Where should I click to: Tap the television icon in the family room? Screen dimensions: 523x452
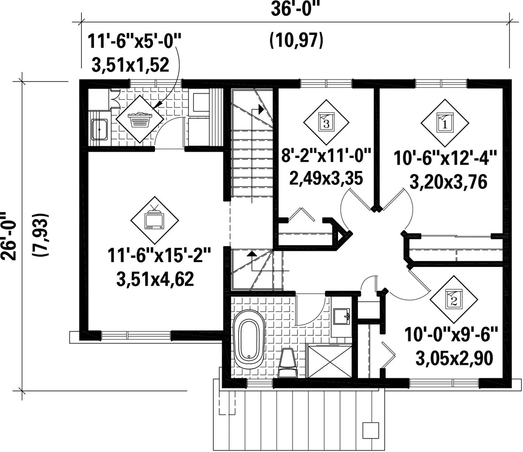[x=154, y=219]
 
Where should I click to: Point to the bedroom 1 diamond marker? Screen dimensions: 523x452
[x=444, y=123]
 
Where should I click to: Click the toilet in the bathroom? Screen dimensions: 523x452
[x=287, y=362]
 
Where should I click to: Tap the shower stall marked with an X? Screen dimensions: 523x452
[x=329, y=361]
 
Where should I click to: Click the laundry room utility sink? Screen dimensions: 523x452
[x=99, y=129]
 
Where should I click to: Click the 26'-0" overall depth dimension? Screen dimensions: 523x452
[x=9, y=235]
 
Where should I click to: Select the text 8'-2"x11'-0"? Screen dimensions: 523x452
[x=326, y=156]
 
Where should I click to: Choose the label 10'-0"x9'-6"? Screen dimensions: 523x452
[x=451, y=334]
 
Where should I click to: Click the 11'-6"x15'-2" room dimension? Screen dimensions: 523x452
[x=159, y=255]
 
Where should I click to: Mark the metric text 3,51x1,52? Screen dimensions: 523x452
[x=130, y=65]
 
